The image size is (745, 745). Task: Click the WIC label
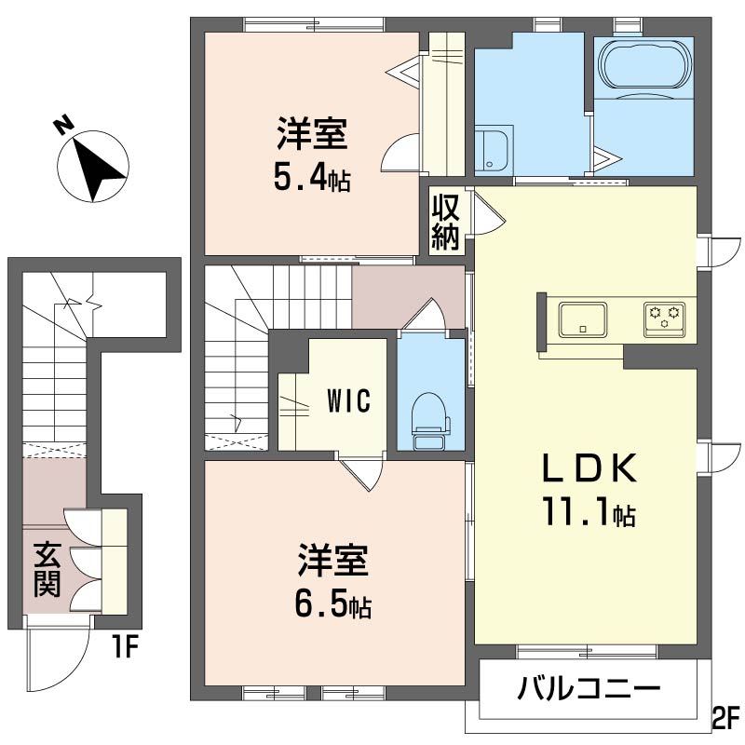click(347, 401)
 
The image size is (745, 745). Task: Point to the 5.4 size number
click(303, 177)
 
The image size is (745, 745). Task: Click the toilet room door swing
click(427, 314)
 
